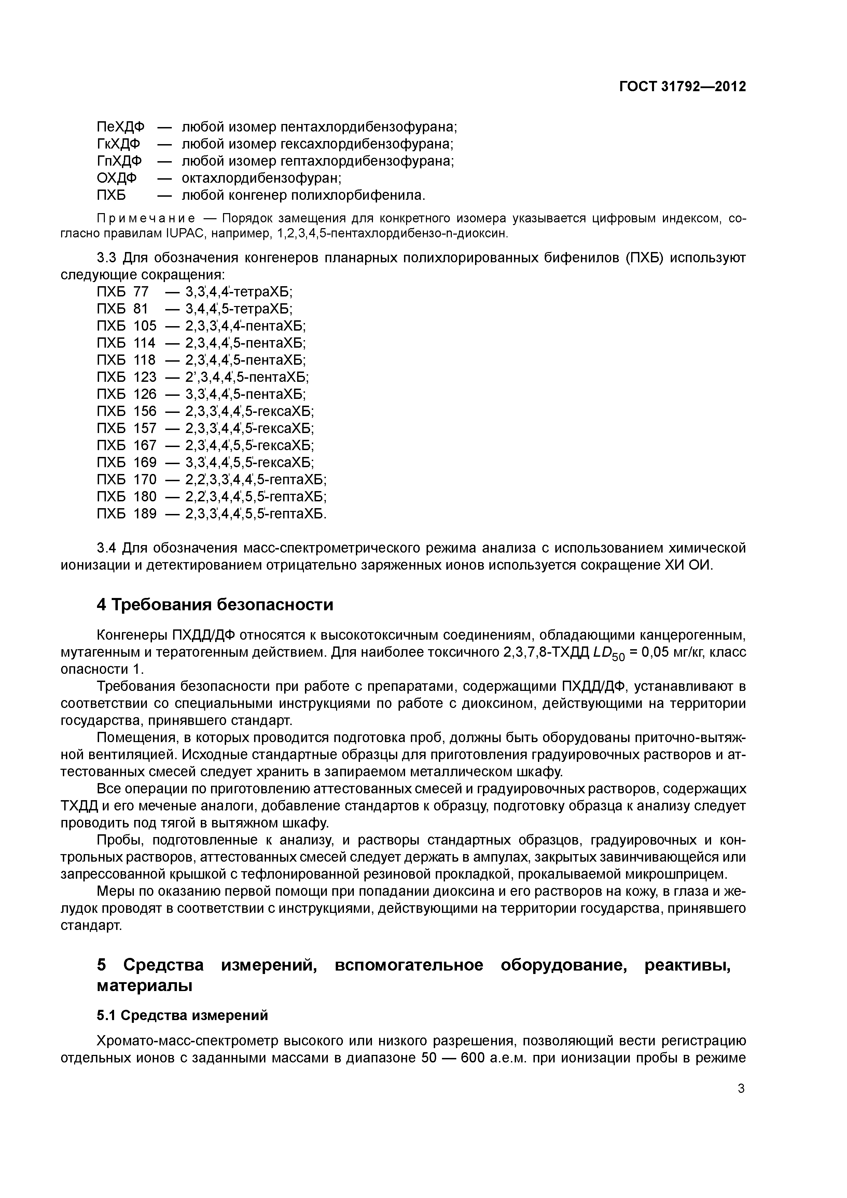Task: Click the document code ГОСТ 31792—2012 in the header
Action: (683, 87)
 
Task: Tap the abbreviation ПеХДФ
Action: (121, 127)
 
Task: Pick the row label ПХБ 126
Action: (126, 394)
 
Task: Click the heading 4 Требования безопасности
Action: (215, 605)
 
